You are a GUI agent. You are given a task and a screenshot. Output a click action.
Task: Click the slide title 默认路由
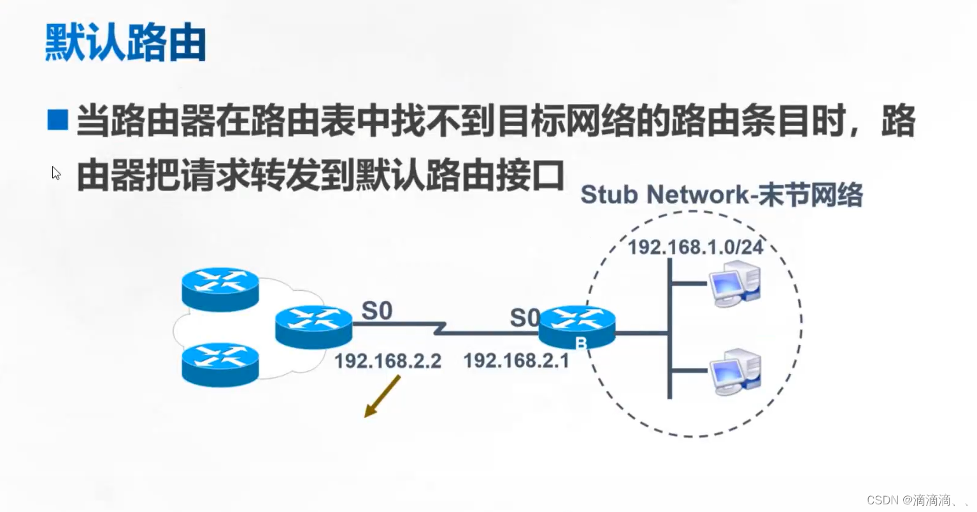click(125, 43)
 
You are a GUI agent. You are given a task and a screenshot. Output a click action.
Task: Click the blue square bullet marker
click(57, 119)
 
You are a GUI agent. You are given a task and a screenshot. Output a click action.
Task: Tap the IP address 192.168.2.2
click(387, 361)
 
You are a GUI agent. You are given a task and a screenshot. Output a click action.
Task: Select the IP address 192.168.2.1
click(516, 361)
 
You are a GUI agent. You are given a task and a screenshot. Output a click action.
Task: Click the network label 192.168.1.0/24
click(695, 247)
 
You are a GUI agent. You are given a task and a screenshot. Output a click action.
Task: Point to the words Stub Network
click(666, 194)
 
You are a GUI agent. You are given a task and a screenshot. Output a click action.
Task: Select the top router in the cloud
click(220, 289)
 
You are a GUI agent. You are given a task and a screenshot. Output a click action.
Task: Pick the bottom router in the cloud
click(220, 365)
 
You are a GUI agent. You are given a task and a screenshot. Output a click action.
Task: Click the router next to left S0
click(313, 327)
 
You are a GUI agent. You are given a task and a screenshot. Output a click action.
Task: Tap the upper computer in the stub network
click(735, 284)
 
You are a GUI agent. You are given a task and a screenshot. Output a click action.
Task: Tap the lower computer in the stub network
click(735, 372)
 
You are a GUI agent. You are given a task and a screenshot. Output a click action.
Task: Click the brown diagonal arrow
click(382, 396)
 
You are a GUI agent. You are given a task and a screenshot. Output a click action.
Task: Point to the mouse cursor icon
click(56, 173)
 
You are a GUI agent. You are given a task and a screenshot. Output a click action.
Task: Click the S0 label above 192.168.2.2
click(376, 311)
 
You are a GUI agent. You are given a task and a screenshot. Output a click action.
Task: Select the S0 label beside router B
click(524, 318)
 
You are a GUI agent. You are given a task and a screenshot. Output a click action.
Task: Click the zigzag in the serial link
click(439, 328)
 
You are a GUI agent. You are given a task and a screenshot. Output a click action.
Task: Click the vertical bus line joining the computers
click(669, 328)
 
